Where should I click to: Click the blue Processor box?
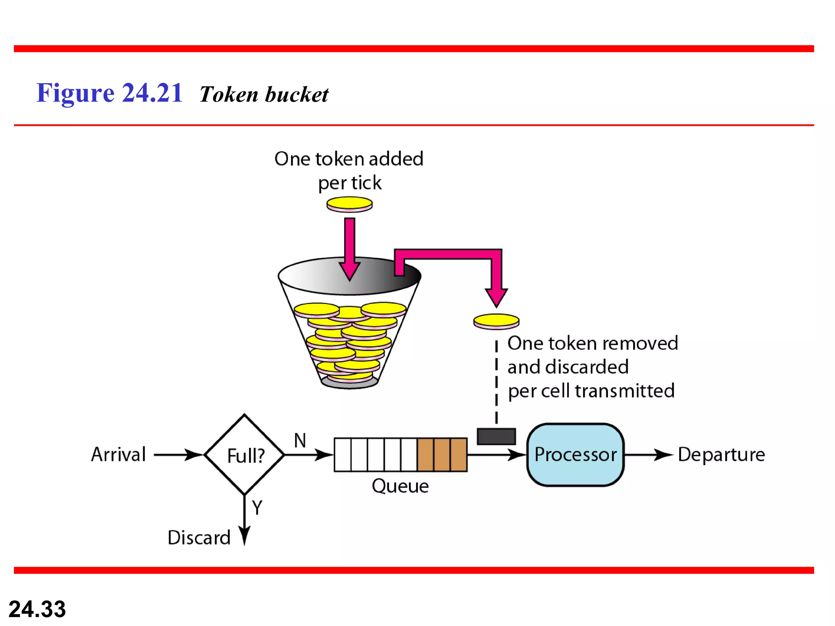[575, 454]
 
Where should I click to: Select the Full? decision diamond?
[245, 454]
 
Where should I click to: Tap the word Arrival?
[118, 454]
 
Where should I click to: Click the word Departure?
[721, 454]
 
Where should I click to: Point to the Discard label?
[199, 538]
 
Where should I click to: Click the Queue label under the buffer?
[400, 486]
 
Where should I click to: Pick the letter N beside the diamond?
[300, 441]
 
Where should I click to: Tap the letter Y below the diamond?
[257, 508]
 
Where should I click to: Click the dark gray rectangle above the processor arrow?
[496, 436]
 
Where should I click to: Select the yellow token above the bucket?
[349, 204]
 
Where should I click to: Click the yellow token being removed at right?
[496, 321]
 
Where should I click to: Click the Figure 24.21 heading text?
[109, 93]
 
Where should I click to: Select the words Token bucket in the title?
[264, 95]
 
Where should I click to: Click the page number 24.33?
[37, 609]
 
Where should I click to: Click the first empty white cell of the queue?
[342, 454]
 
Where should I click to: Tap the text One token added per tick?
[349, 170]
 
